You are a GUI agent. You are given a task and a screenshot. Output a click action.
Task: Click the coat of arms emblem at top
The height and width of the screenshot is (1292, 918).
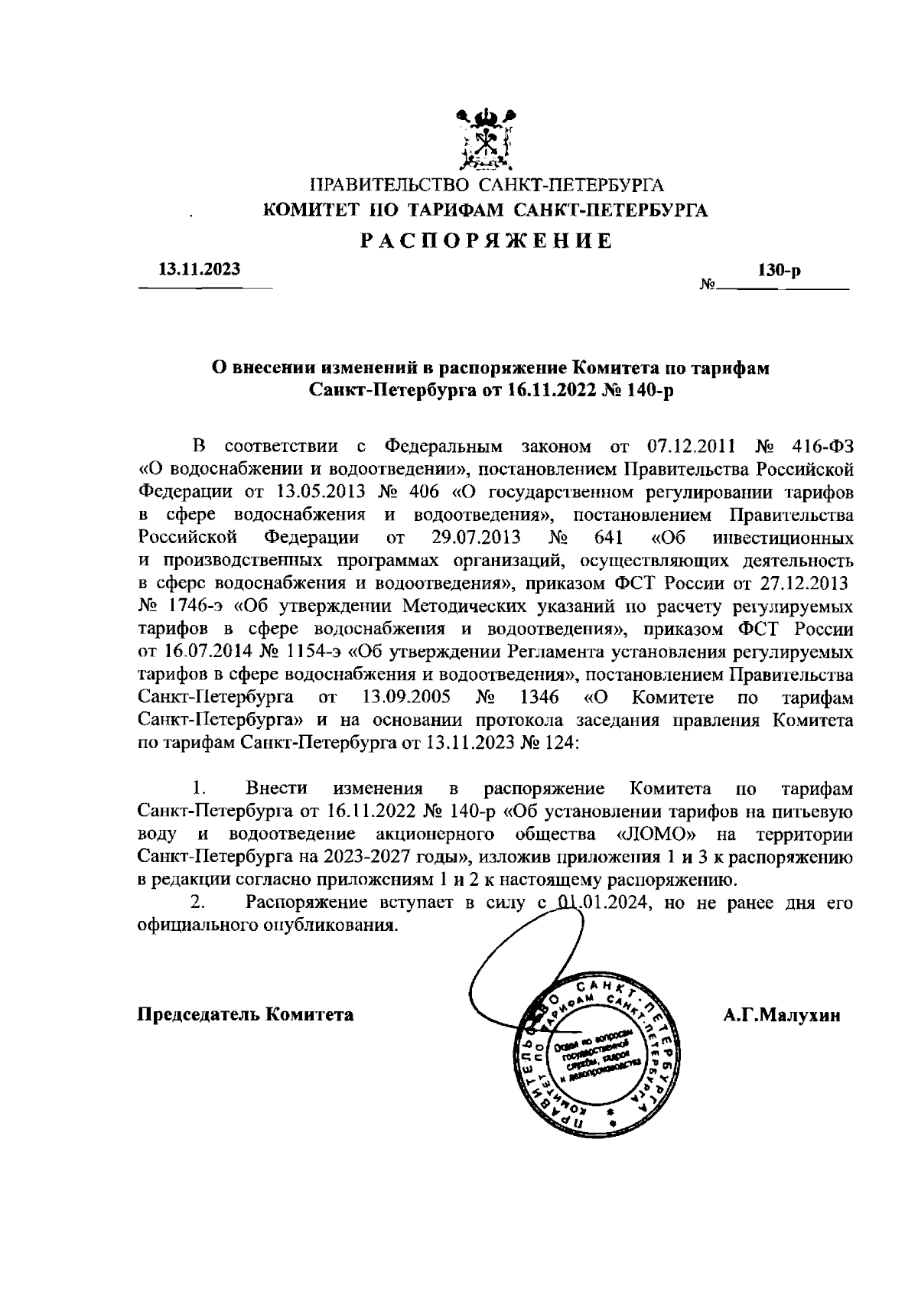coord(485,139)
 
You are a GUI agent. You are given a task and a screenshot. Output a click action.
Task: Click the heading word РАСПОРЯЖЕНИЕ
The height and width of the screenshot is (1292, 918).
coord(487,242)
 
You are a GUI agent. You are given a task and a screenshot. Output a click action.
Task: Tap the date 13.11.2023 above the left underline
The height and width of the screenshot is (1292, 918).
coord(199,269)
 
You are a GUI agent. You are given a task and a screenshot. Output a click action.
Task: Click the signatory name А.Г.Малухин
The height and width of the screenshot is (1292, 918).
coord(781,1015)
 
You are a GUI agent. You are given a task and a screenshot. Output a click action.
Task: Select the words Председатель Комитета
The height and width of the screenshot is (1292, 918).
coord(246,1015)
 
